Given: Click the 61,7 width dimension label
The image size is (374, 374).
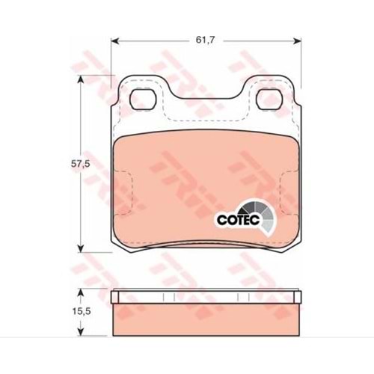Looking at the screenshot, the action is [x=205, y=40].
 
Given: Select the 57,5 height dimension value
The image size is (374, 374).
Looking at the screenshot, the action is [x=80, y=164].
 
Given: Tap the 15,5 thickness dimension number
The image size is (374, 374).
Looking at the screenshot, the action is [x=80, y=311].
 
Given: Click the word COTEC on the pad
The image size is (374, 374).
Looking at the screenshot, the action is [x=239, y=220].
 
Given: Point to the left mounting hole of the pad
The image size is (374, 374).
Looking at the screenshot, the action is [x=143, y=99].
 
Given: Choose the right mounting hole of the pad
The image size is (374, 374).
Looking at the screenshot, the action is [x=269, y=99].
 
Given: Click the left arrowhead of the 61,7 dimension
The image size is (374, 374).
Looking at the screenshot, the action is [x=114, y=40].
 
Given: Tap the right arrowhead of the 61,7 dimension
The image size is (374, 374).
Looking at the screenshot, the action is [x=298, y=40].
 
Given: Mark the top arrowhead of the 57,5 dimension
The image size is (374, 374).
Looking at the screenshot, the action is [x=80, y=79].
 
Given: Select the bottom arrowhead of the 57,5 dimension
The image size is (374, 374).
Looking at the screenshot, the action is [x=80, y=248].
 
